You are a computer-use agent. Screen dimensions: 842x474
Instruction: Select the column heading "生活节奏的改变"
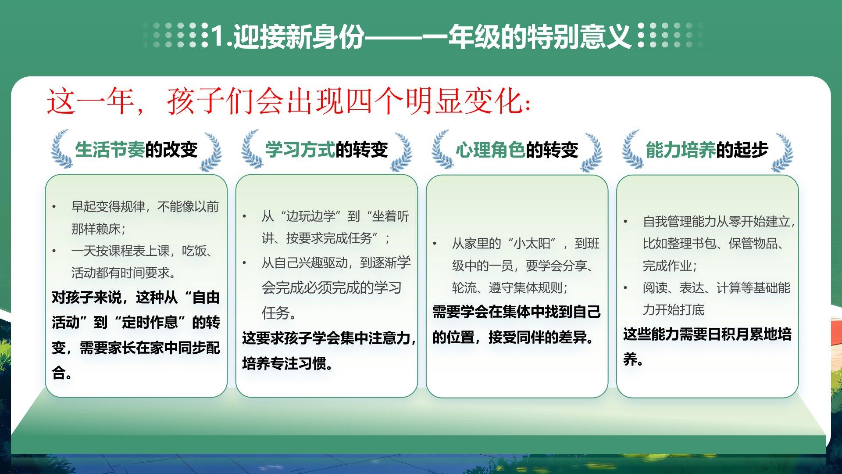click(136, 150)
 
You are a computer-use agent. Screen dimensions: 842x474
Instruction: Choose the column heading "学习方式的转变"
click(327, 150)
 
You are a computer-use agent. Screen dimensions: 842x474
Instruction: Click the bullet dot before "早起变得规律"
click(54, 207)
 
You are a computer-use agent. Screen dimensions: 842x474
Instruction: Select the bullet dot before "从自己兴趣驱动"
click(245, 263)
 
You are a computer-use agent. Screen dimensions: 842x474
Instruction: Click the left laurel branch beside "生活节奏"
click(61, 149)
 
